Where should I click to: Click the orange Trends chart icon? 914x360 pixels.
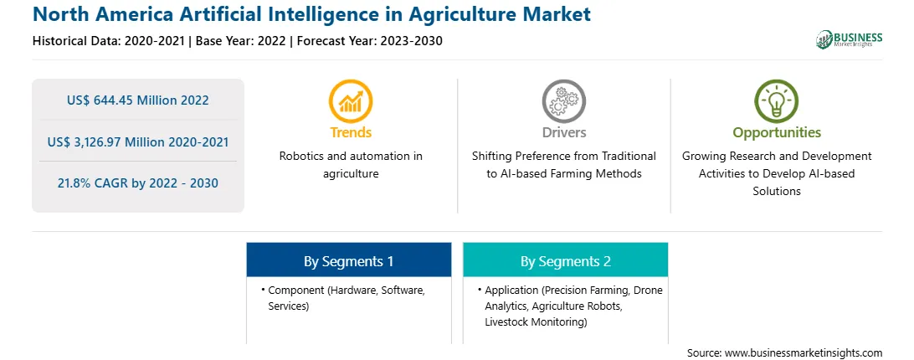point(351,101)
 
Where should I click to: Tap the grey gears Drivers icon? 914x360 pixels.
point(563,101)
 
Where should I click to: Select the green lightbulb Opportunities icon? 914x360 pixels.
point(777,101)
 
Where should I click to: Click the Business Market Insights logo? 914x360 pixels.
point(849,39)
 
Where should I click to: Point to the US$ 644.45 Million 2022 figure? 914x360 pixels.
point(137,100)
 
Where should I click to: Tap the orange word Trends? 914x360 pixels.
point(351,132)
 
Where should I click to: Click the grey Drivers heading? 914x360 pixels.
point(563,132)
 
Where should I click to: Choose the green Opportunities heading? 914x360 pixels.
point(777,133)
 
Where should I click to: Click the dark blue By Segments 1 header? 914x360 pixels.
point(348,261)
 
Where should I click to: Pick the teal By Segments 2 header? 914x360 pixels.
point(566,261)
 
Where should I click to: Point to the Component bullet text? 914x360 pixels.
point(347,297)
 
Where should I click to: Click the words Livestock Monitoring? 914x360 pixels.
point(536,321)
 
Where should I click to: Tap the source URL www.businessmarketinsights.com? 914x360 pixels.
point(804,352)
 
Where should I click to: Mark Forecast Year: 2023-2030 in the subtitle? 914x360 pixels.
point(370,41)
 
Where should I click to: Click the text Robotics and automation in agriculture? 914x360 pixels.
point(351,165)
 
